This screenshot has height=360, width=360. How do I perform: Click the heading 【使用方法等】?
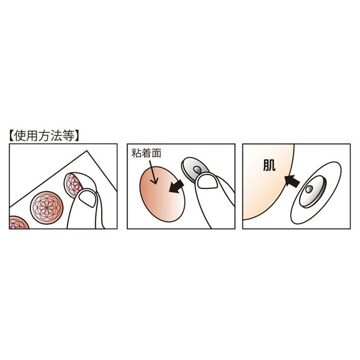point(45,136)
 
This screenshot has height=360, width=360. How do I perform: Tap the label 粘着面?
point(146,153)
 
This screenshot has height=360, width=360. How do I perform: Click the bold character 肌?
point(270,165)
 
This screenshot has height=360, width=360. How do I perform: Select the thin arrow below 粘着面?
point(153,172)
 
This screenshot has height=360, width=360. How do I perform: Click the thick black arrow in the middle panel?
point(176,186)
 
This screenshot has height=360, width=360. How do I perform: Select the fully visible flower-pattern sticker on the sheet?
point(47,208)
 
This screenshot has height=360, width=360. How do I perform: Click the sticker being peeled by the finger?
point(72,185)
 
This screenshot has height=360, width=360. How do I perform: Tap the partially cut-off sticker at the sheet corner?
point(18,223)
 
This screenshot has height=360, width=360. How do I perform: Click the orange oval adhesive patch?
point(162,194)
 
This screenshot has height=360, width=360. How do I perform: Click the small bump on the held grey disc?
point(197,170)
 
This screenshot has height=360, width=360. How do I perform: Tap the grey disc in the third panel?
point(312,192)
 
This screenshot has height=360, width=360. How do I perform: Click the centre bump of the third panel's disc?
point(309,189)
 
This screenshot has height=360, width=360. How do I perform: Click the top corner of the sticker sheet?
point(87,151)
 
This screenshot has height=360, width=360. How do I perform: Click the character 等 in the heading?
point(70,136)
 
